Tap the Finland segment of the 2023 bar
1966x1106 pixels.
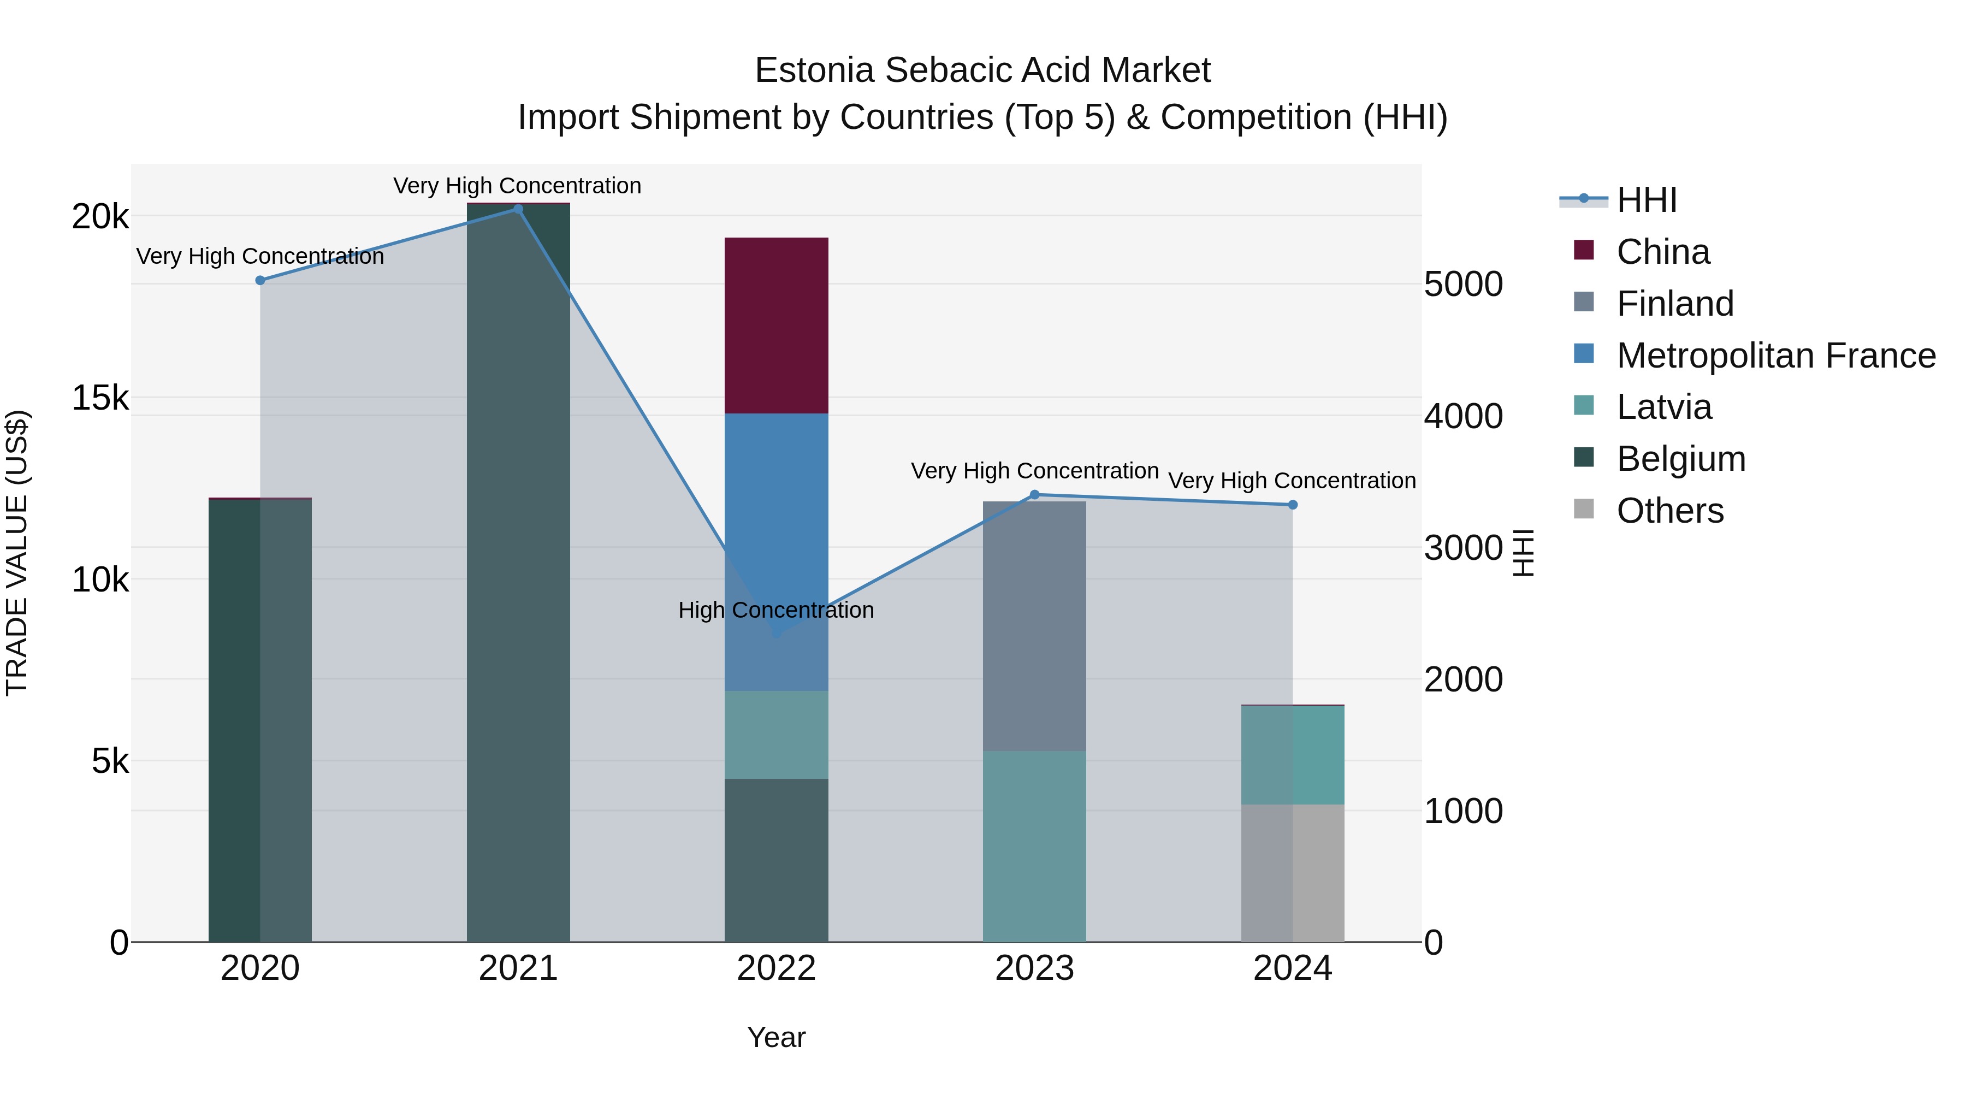click(1034, 626)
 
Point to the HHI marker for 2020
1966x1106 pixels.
click(260, 280)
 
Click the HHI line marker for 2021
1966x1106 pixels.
click(518, 209)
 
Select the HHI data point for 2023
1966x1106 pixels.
click(1035, 495)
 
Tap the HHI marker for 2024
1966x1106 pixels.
click(1292, 505)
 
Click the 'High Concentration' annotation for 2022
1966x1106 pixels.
click(776, 610)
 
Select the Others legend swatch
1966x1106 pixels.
click(1584, 509)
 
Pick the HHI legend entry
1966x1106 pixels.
click(1645, 200)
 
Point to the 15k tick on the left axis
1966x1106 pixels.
click(100, 398)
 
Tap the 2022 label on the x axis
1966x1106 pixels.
click(776, 968)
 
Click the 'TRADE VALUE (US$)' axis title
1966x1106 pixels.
click(17, 553)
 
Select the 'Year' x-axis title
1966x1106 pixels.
click(776, 1037)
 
